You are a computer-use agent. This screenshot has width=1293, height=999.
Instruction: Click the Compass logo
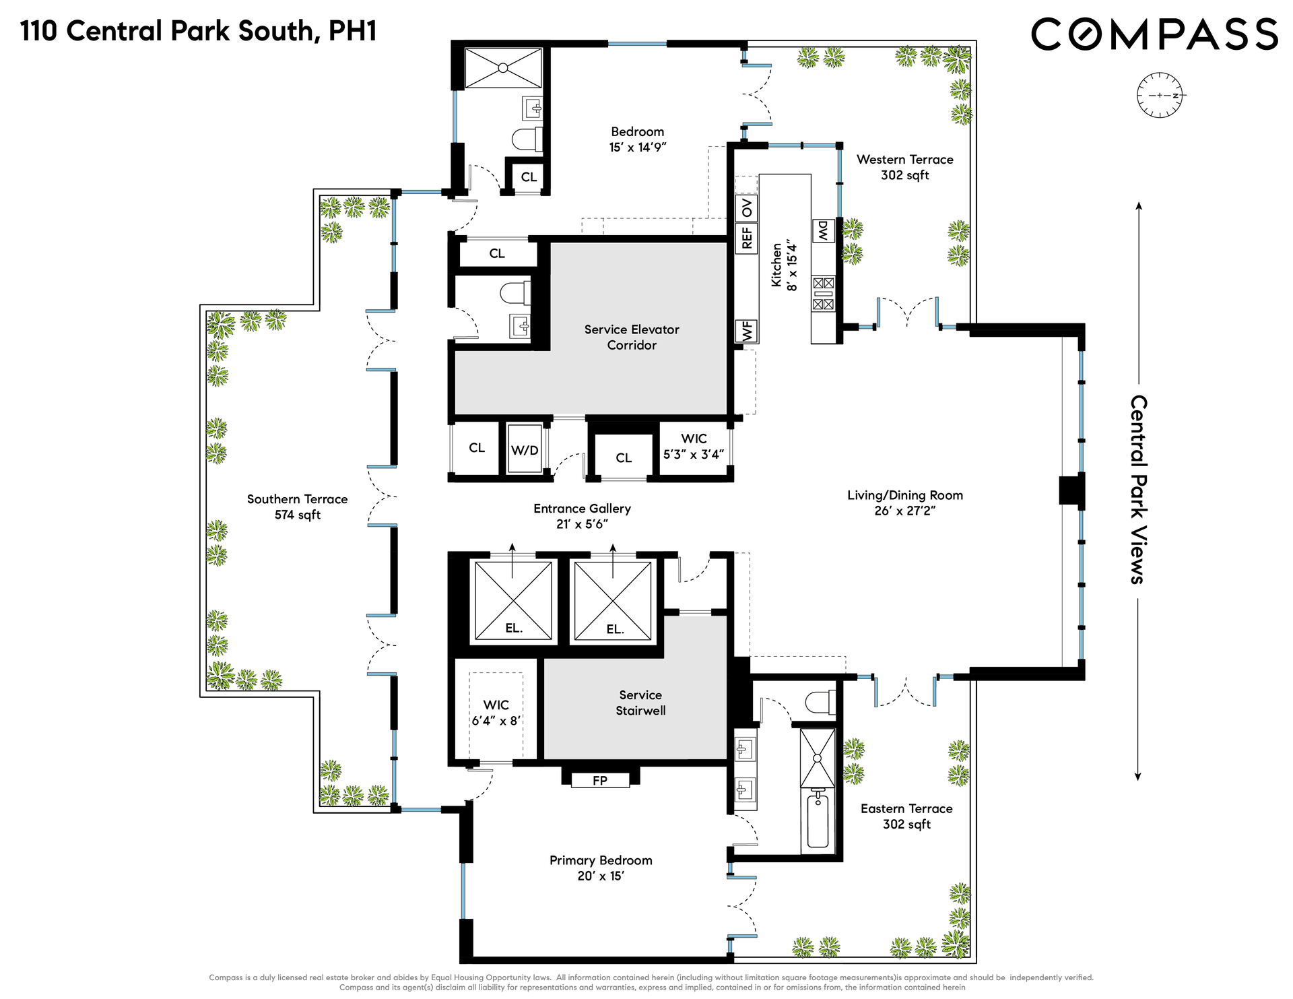tap(1154, 34)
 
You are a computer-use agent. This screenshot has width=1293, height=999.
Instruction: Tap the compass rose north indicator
tap(1176, 96)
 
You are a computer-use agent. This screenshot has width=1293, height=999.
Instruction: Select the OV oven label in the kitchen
tap(747, 207)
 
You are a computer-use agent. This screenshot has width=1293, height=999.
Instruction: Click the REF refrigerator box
tap(747, 237)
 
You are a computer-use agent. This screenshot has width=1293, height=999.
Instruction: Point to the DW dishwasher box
tap(824, 231)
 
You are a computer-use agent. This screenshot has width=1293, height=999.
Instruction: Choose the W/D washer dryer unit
tap(525, 449)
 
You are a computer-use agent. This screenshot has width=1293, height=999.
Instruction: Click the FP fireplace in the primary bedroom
tap(600, 780)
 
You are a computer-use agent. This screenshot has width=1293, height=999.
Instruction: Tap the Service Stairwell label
tap(640, 703)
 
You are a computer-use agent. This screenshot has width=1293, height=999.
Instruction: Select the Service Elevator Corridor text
tap(632, 337)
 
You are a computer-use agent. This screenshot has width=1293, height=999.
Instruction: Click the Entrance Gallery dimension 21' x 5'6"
tap(582, 524)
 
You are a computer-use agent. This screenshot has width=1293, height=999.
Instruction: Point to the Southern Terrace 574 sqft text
tap(297, 507)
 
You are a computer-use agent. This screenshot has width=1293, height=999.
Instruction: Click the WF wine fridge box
tap(747, 331)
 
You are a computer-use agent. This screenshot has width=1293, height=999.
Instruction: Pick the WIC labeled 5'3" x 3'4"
tap(694, 447)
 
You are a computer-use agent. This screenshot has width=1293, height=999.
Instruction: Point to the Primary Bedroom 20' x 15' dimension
tap(600, 876)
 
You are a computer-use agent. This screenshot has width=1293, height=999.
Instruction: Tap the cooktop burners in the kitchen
tap(823, 294)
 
